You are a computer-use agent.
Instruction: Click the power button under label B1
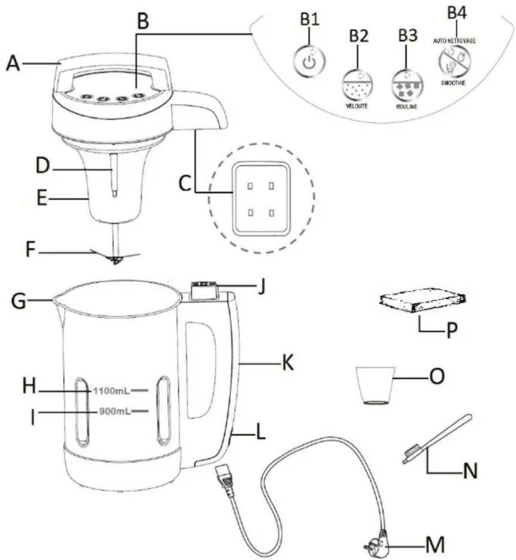[309, 61]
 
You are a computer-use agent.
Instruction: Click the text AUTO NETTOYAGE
[454, 40]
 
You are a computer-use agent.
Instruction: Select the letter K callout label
[287, 362]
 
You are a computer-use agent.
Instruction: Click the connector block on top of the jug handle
[203, 290]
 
